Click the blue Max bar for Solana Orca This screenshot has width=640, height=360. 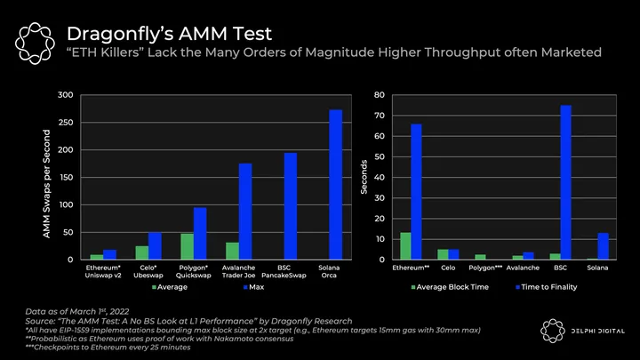click(336, 185)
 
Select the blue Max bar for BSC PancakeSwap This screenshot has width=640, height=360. click(291, 206)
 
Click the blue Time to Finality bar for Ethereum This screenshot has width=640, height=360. click(416, 191)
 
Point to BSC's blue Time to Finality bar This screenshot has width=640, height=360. click(565, 182)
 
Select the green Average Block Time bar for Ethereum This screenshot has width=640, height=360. click(405, 245)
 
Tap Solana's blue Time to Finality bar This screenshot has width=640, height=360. click(604, 246)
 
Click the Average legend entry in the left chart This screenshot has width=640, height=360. click(172, 288)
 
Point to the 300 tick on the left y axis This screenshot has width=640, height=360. click(64, 95)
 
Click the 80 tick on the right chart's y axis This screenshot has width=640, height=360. click(379, 95)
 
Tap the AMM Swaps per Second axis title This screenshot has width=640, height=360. click(46, 182)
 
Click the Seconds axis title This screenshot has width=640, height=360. click(364, 178)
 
